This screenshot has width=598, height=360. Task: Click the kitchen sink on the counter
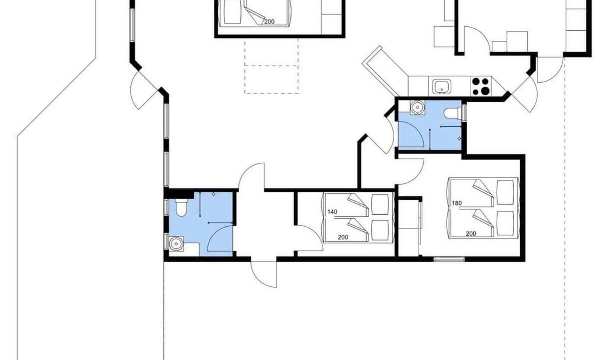(x=442, y=86)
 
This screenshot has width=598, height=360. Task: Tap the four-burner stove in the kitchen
(x=480, y=86)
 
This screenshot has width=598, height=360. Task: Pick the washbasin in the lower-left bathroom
(x=176, y=243)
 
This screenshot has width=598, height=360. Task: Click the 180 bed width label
(x=457, y=203)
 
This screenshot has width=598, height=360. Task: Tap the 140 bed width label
(x=332, y=212)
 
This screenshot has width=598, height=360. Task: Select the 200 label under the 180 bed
(x=471, y=233)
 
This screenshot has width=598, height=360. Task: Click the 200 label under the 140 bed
(x=343, y=237)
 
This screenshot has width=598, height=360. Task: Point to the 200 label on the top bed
(x=269, y=22)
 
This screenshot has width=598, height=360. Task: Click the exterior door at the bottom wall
(x=264, y=273)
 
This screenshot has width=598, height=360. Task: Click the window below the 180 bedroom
(x=449, y=259)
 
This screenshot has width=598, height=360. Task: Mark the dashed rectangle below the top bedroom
(x=272, y=65)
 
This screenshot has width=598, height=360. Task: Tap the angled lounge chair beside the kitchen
(x=383, y=72)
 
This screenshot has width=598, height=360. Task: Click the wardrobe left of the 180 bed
(x=409, y=227)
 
